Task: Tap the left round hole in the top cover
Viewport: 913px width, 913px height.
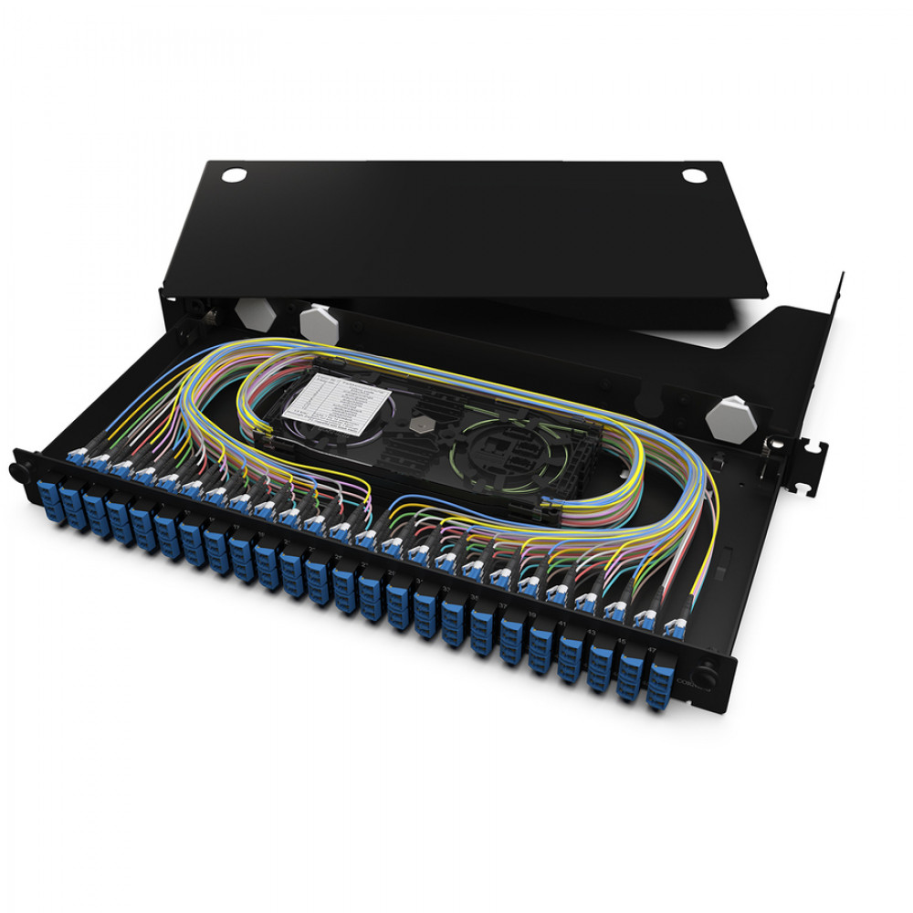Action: (x=235, y=174)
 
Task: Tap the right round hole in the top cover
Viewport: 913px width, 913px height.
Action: (x=694, y=174)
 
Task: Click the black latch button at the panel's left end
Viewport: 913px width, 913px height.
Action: (x=17, y=470)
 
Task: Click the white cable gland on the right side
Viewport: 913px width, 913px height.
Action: (x=729, y=416)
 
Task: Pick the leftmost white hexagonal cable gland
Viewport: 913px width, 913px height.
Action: (x=254, y=312)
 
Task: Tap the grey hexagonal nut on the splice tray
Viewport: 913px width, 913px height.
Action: (x=422, y=425)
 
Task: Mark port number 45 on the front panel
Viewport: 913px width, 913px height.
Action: (x=624, y=642)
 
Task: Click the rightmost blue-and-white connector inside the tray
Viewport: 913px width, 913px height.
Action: (x=675, y=628)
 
